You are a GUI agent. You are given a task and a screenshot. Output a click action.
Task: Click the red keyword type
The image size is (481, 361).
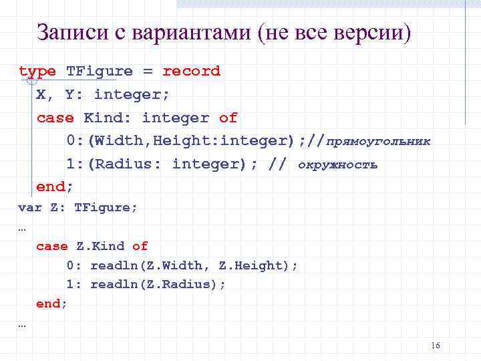[x=37, y=72]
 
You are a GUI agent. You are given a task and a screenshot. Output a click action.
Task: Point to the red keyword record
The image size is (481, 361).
[x=191, y=72]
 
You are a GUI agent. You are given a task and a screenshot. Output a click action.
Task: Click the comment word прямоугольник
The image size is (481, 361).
[x=379, y=142]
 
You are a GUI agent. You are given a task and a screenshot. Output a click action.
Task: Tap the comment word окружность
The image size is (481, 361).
[x=337, y=164]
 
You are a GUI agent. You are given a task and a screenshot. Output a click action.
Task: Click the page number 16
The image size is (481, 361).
[x=436, y=346]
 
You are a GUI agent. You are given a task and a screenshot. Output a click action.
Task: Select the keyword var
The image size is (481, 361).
[x=29, y=208]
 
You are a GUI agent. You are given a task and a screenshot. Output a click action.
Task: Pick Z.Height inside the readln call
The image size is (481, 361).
[x=254, y=266]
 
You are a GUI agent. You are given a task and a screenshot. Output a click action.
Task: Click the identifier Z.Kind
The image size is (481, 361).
[x=100, y=247]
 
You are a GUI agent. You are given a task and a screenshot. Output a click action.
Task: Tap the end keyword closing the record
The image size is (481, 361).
[x=52, y=187]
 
